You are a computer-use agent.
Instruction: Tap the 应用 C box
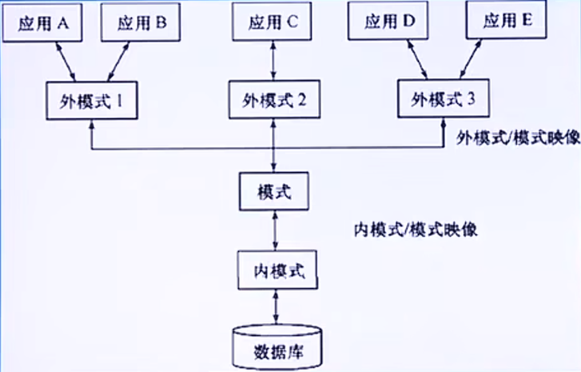[x=274, y=22]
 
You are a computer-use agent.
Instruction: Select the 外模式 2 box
[x=274, y=101]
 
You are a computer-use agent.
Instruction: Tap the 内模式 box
[x=274, y=269]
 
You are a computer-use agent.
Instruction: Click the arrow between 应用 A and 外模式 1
[x=65, y=62]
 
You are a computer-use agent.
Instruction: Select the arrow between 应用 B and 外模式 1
[x=117, y=62]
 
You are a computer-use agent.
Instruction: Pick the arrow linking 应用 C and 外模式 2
[x=274, y=61]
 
